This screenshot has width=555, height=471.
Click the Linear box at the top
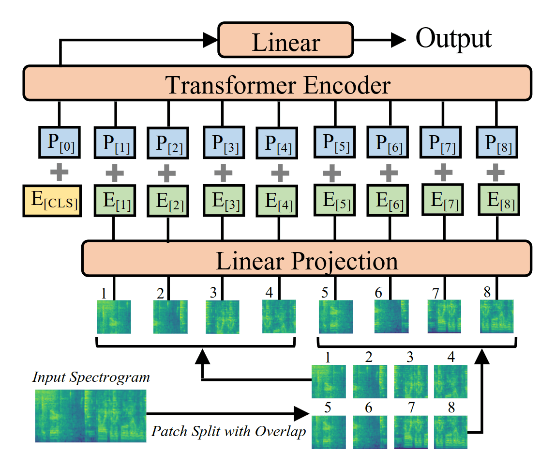point(285,40)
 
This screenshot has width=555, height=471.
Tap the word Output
point(453,39)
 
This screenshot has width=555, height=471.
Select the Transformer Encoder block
point(278,84)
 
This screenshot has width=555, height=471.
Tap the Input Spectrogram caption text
point(91,377)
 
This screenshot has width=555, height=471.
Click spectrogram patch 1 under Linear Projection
point(114,317)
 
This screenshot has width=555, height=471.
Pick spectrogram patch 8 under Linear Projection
point(497,317)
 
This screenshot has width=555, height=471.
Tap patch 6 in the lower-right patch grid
point(370,432)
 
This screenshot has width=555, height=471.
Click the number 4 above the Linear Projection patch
point(269,292)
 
